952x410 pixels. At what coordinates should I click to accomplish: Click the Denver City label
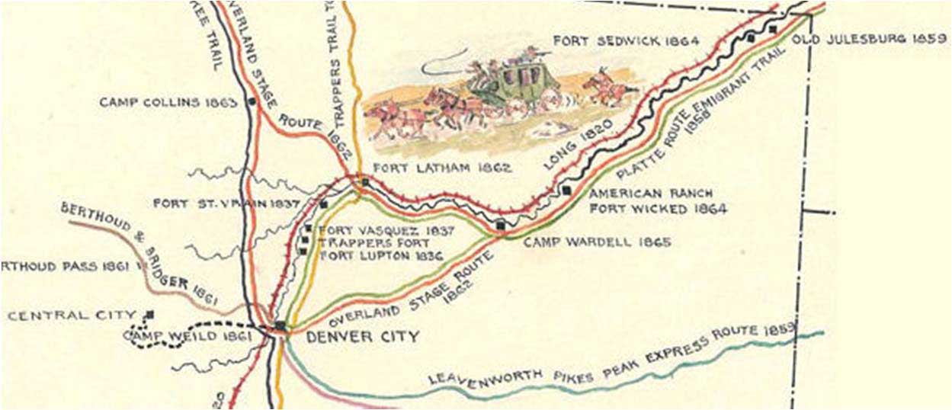[x=362, y=336]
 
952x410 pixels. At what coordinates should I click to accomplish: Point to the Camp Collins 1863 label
[x=168, y=101]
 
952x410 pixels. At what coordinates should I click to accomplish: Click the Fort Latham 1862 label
[x=442, y=168]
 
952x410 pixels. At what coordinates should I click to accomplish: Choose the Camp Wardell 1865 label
[x=597, y=242]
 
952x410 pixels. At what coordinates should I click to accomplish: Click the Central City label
[x=72, y=315]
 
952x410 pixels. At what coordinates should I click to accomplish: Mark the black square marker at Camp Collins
[x=251, y=101]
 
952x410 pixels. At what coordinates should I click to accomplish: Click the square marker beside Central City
[x=150, y=314]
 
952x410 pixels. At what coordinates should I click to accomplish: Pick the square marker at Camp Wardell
[x=500, y=225]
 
